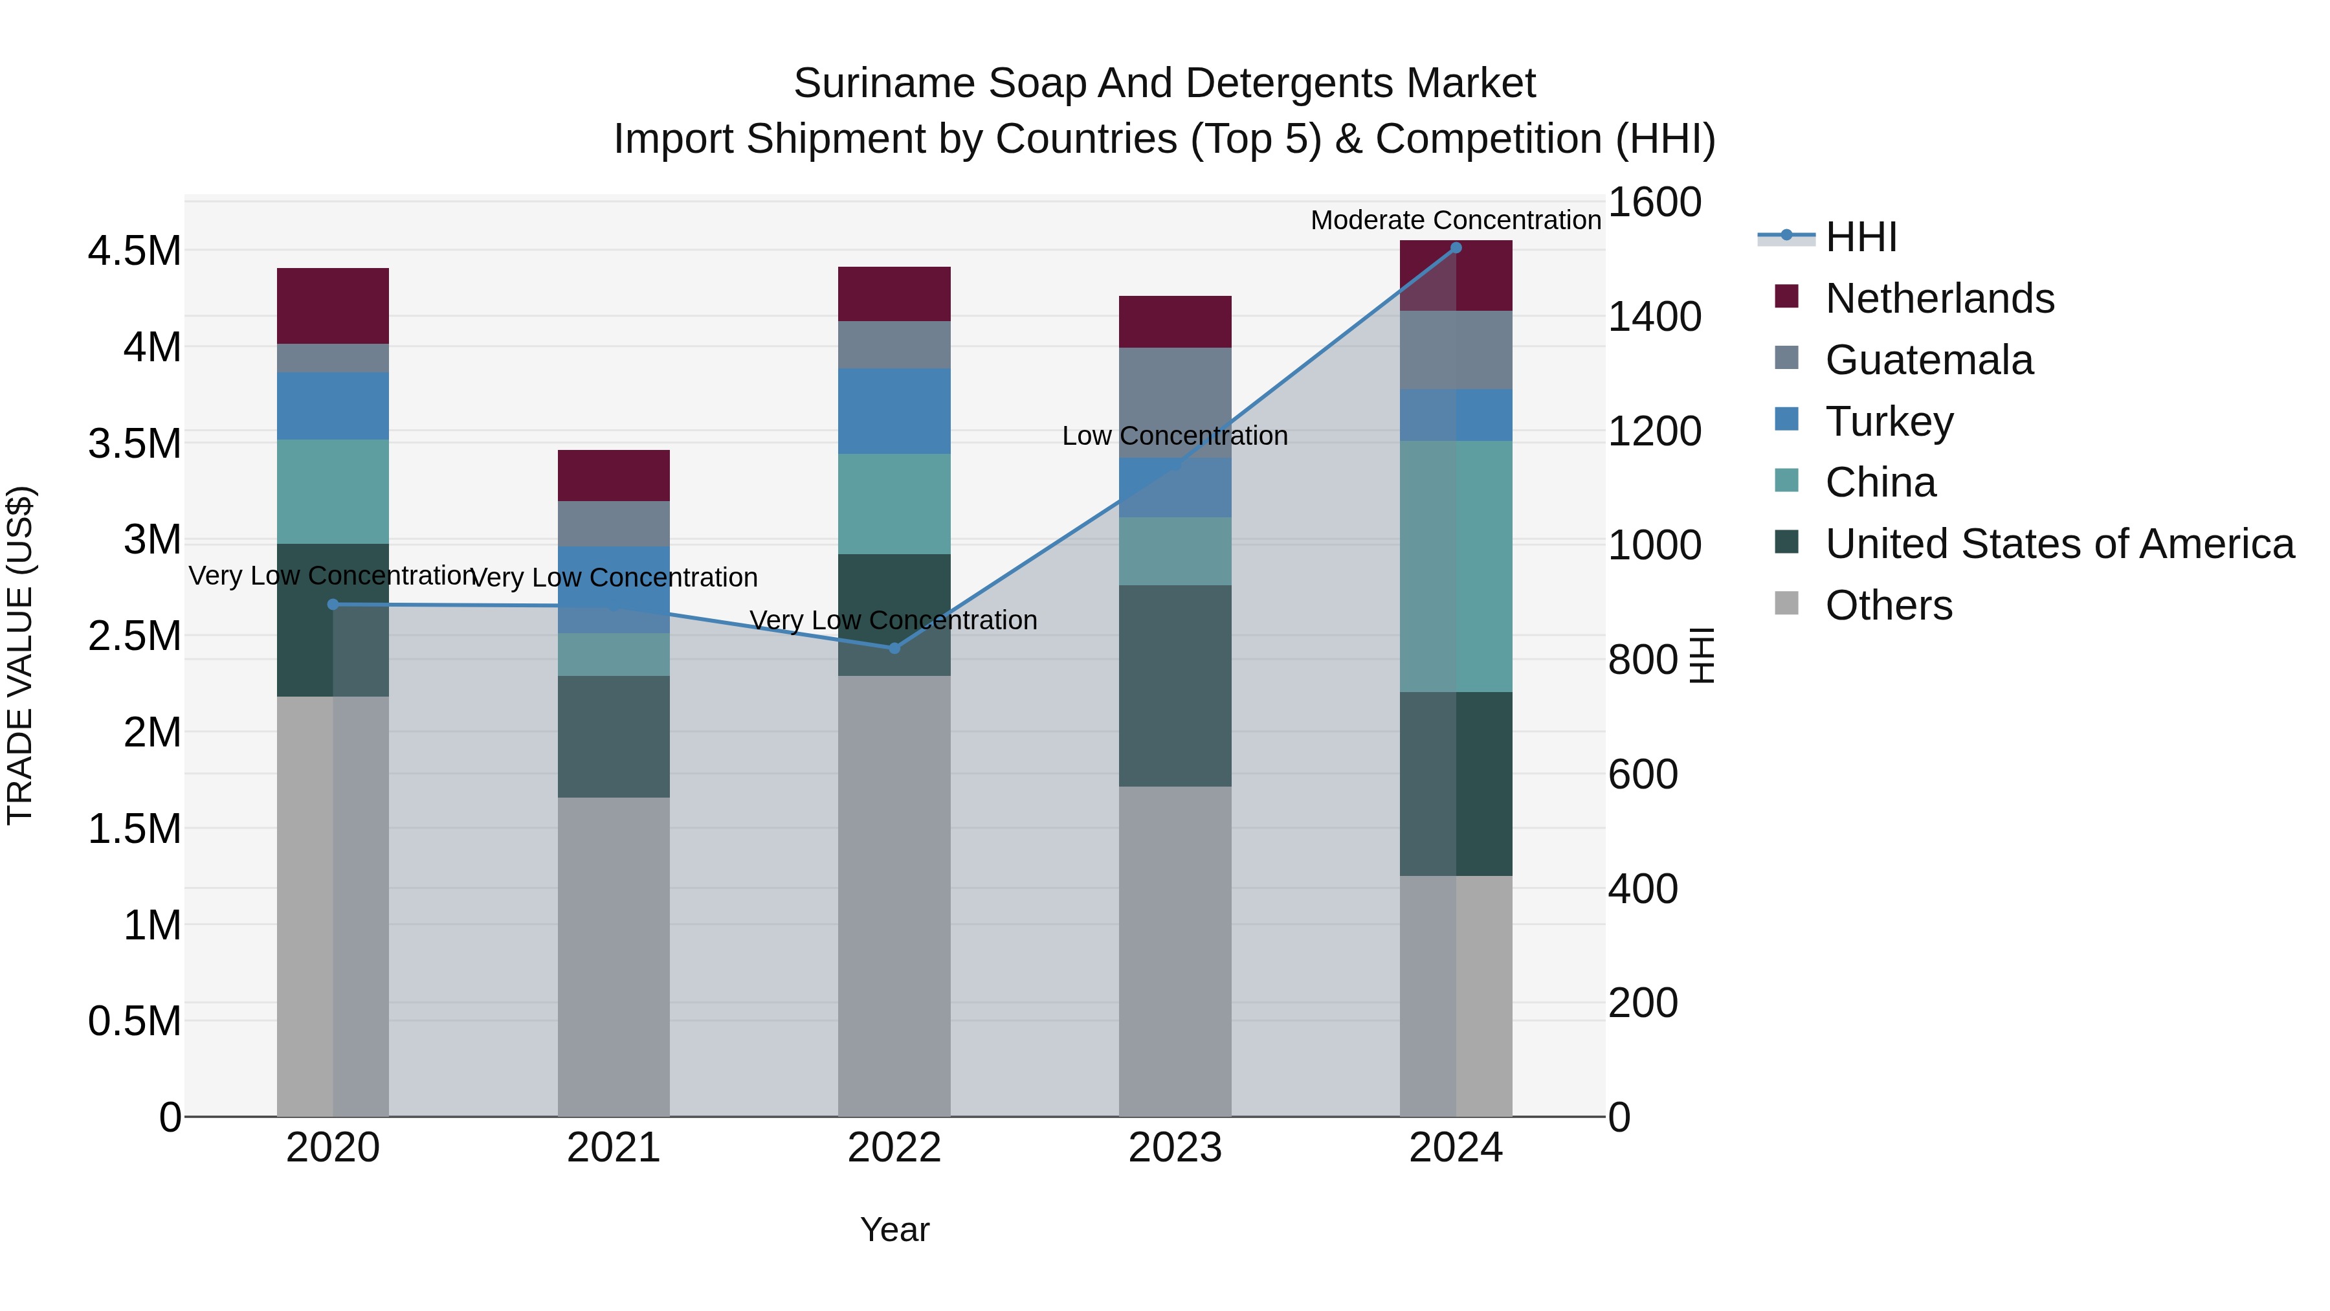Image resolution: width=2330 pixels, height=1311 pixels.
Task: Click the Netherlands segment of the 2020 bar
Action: click(x=332, y=305)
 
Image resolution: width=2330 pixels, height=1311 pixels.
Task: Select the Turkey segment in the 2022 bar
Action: click(x=894, y=410)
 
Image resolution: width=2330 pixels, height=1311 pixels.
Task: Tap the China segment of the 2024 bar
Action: click(x=1456, y=566)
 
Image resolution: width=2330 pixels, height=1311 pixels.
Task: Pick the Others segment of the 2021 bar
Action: click(x=614, y=956)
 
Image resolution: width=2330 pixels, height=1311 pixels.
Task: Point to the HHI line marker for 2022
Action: click(x=894, y=648)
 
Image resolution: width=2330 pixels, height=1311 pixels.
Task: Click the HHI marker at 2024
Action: click(x=1456, y=248)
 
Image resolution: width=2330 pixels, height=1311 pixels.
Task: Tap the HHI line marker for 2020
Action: click(x=333, y=605)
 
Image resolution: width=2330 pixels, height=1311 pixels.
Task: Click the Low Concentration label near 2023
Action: click(x=1174, y=436)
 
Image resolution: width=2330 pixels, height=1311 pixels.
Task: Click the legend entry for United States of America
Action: click(x=2059, y=544)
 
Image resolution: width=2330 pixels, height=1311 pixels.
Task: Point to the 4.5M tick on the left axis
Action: click(x=134, y=251)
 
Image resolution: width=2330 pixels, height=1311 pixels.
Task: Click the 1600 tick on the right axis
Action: click(x=1654, y=202)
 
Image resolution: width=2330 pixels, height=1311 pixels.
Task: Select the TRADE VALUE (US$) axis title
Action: click(x=20, y=655)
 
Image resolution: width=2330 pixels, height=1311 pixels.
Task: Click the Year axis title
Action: click(x=894, y=1229)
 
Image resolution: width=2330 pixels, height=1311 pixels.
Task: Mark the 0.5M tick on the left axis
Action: click(x=134, y=1020)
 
